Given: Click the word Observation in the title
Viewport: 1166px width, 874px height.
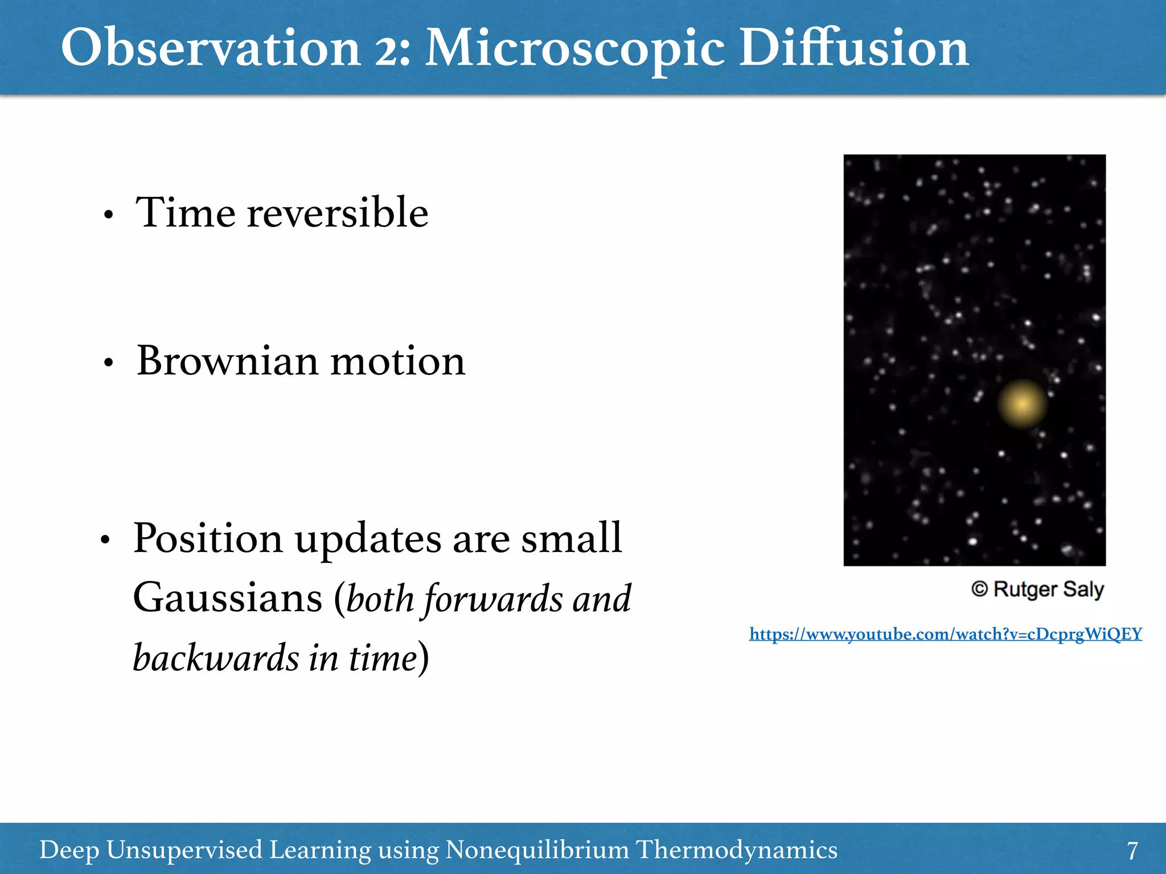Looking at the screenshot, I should click(211, 48).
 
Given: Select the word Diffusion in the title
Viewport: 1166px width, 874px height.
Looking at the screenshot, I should click(854, 48).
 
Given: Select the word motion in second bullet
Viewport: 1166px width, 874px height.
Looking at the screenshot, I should click(398, 362).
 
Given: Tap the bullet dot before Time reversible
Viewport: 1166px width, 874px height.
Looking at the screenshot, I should click(109, 216).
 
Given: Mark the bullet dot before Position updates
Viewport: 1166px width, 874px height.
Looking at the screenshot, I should click(105, 540).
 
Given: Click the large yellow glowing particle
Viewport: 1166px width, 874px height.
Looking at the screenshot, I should click(1022, 403).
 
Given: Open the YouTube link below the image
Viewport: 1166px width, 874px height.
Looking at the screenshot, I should click(945, 634).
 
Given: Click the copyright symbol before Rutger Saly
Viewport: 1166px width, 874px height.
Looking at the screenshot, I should click(979, 589).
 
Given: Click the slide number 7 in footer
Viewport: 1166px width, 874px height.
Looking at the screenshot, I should click(1132, 851).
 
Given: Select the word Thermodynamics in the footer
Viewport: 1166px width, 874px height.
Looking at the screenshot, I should click(736, 850).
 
